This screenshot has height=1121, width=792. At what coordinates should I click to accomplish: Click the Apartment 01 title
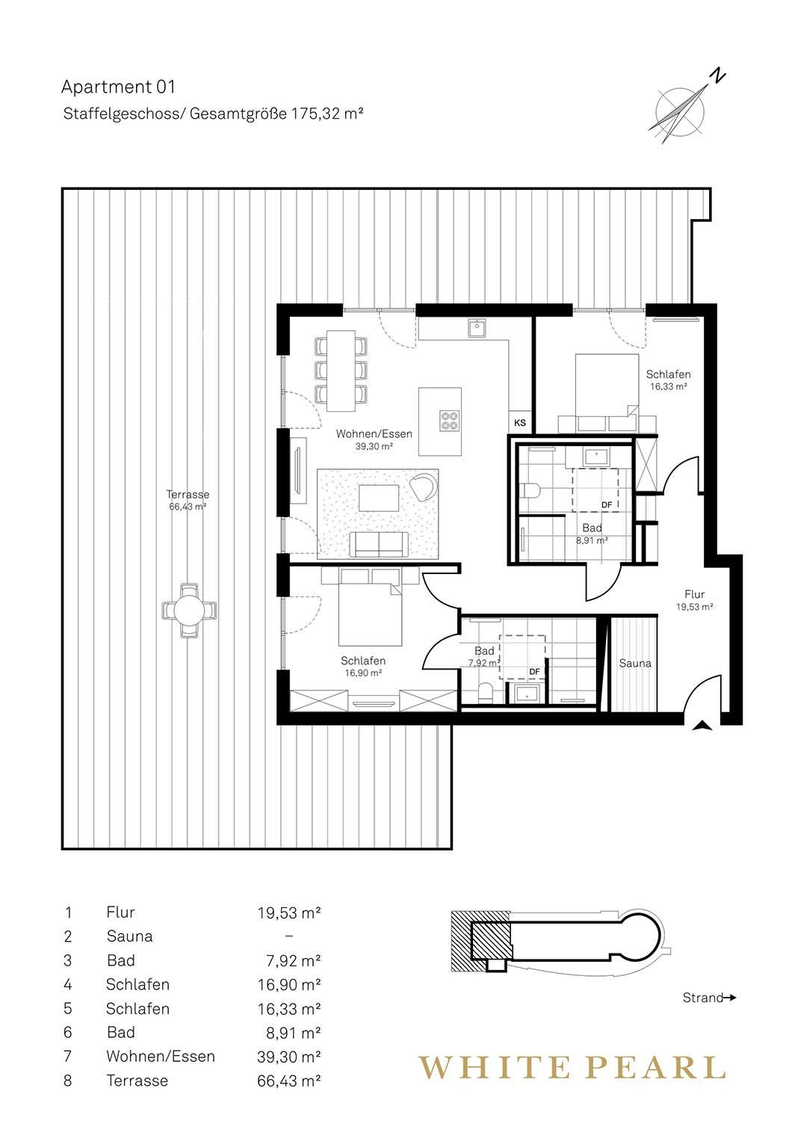click(x=118, y=87)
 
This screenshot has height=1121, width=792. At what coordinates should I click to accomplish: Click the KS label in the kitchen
click(x=520, y=423)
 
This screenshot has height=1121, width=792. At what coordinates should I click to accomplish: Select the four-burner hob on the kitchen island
click(x=449, y=420)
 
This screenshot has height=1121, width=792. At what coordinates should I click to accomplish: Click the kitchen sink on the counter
click(x=477, y=328)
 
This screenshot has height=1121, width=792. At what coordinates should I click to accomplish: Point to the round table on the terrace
click(x=189, y=610)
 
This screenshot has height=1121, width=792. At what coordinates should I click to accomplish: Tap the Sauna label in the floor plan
click(x=635, y=663)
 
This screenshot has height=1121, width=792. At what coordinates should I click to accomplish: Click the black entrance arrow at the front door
click(x=703, y=726)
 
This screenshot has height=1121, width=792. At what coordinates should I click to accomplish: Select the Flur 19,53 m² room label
click(x=694, y=600)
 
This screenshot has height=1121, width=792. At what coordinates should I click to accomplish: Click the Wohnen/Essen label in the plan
click(x=374, y=434)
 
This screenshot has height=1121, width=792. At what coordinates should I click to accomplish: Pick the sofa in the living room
click(x=379, y=544)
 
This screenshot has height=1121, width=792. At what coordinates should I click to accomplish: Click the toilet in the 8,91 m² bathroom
click(x=529, y=491)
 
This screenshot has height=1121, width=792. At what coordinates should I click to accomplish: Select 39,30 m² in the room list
click(x=288, y=1057)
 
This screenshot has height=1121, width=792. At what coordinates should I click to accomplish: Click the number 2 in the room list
click(x=68, y=936)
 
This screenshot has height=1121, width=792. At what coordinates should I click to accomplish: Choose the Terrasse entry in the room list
click(x=137, y=1081)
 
